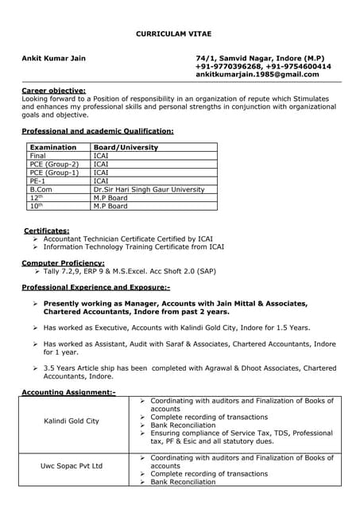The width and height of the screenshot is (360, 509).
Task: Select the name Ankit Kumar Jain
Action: pos(54,59)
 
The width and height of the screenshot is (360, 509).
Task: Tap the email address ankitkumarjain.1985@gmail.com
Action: pos(257,75)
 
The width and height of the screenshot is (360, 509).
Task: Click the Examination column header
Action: pos(53,148)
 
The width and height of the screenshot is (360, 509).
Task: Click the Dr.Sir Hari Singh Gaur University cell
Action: pos(149,189)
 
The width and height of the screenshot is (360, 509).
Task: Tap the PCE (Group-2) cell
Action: pos(54,164)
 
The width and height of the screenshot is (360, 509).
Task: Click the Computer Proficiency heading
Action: pos(63,262)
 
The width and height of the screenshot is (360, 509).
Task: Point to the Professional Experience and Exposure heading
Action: pos(95,286)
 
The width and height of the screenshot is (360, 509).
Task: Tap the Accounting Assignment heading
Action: pos(68,392)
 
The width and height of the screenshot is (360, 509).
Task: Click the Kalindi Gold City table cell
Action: pos(72,421)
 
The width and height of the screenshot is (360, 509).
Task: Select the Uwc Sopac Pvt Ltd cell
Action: pos(72,466)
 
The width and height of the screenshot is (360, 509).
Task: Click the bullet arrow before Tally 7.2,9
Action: pos(37,271)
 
